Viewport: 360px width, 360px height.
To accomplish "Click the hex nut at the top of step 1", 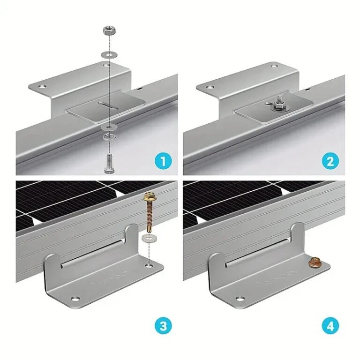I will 107,32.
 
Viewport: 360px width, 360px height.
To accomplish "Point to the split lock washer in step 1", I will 108,137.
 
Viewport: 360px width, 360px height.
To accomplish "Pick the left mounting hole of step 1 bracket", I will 43,86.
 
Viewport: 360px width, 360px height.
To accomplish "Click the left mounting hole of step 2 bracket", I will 210,86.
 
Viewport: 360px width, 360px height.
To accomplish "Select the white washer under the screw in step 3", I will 149,238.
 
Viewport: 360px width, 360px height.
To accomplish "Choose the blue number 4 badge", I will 330,326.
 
